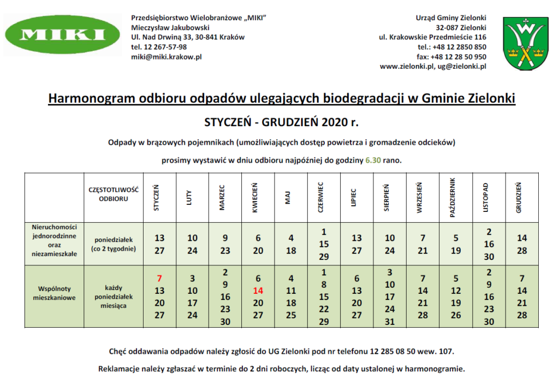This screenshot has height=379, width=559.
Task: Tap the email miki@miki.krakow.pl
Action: (166, 57)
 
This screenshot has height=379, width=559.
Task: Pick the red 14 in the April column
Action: (258, 291)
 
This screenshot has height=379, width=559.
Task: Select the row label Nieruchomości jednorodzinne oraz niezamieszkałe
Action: (54, 243)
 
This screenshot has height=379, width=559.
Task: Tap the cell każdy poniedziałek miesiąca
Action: (113, 296)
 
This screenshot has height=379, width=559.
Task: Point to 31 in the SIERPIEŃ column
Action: (390, 322)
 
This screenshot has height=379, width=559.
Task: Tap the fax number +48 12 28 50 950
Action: (458, 57)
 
